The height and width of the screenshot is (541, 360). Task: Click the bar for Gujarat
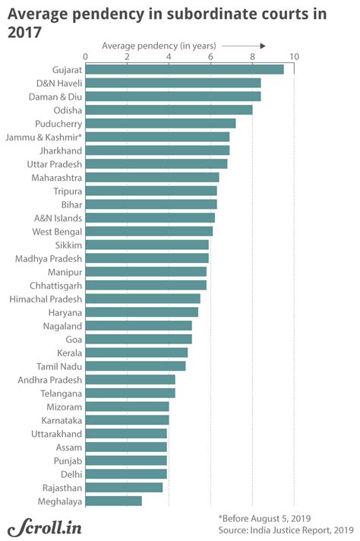click(x=184, y=69)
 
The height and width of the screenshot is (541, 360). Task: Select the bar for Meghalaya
click(x=113, y=501)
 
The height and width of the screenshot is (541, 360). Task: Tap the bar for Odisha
click(x=168, y=109)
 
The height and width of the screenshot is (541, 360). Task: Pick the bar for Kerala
click(x=136, y=353)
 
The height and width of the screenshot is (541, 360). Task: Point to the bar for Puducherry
click(x=159, y=123)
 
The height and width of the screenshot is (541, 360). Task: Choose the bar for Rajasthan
click(x=123, y=487)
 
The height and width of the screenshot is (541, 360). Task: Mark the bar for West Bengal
click(x=148, y=231)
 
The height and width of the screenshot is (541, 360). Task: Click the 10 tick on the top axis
click(x=294, y=56)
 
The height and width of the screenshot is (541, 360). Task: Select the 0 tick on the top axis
click(x=85, y=56)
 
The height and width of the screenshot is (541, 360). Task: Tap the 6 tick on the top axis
click(x=210, y=56)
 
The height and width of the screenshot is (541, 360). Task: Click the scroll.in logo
click(x=45, y=527)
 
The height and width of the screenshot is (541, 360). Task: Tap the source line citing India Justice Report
click(x=286, y=529)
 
